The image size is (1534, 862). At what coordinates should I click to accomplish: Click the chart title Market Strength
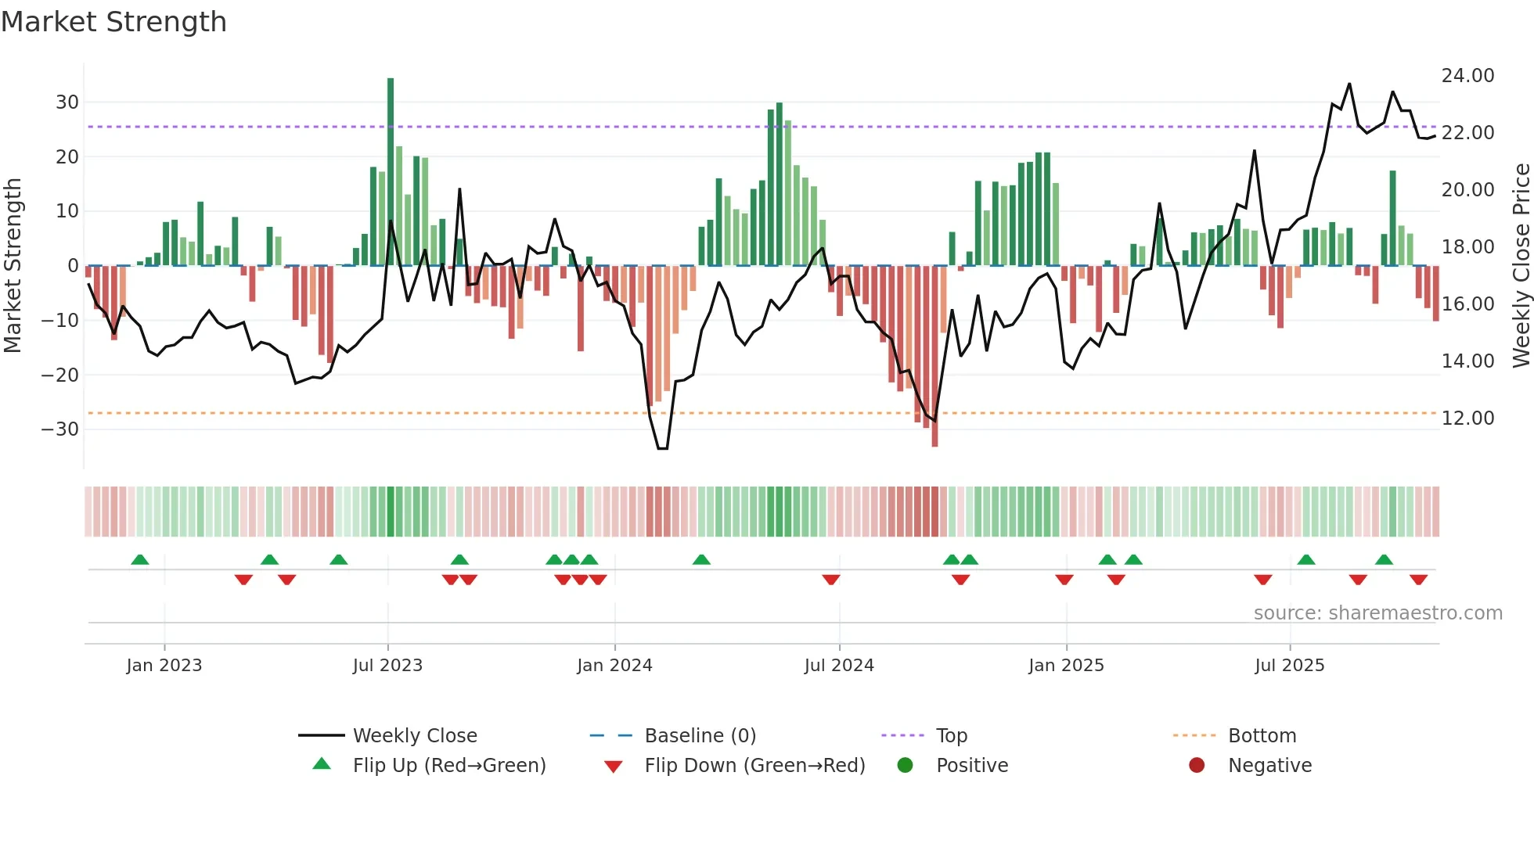(x=114, y=22)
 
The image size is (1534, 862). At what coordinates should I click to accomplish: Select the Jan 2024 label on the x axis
(x=614, y=666)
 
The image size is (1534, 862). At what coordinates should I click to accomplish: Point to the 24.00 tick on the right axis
(x=1467, y=76)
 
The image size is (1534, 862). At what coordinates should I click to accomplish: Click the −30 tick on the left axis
(x=60, y=429)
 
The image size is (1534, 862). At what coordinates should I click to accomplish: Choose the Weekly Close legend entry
(x=414, y=736)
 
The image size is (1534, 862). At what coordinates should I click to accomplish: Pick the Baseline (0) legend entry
(x=700, y=736)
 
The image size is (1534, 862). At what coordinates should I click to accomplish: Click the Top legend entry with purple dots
(x=951, y=736)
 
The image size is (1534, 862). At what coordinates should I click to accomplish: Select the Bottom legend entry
(x=1262, y=736)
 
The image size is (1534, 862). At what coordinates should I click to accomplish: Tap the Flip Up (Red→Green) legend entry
(x=448, y=766)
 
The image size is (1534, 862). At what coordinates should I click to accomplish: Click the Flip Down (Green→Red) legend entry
(x=754, y=766)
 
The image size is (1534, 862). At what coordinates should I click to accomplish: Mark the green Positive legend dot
(x=906, y=766)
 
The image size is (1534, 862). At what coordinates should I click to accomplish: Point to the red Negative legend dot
(x=1197, y=766)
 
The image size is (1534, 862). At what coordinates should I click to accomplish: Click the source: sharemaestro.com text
(x=1377, y=613)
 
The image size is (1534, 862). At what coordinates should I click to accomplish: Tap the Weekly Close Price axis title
(x=1521, y=266)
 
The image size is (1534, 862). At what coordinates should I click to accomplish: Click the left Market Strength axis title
(x=13, y=266)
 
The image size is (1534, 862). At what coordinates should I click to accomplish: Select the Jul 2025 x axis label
(x=1289, y=666)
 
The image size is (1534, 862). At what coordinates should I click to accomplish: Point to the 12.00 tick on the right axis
(x=1467, y=418)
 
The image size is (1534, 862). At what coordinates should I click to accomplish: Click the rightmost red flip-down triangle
(x=1418, y=580)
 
